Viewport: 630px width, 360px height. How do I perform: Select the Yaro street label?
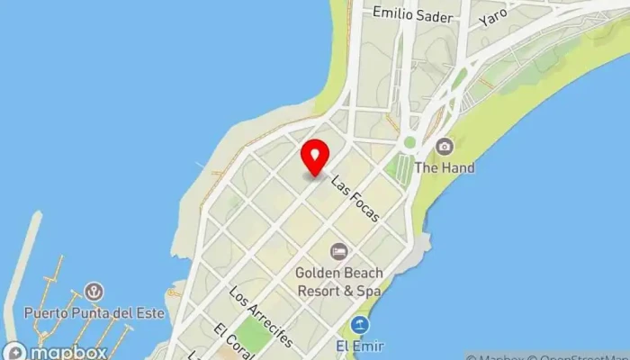(493, 16)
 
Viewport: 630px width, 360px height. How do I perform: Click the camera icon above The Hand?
(444, 146)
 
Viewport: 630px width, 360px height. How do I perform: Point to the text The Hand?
(445, 167)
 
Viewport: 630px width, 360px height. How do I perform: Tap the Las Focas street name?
(355, 198)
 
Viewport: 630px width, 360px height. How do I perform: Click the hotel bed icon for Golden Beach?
(338, 251)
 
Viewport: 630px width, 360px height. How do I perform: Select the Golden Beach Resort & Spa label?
(340, 282)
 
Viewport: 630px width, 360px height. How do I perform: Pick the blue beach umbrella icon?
(360, 325)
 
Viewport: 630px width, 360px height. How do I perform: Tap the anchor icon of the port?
(93, 291)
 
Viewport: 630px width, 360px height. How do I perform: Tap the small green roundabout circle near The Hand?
(409, 142)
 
